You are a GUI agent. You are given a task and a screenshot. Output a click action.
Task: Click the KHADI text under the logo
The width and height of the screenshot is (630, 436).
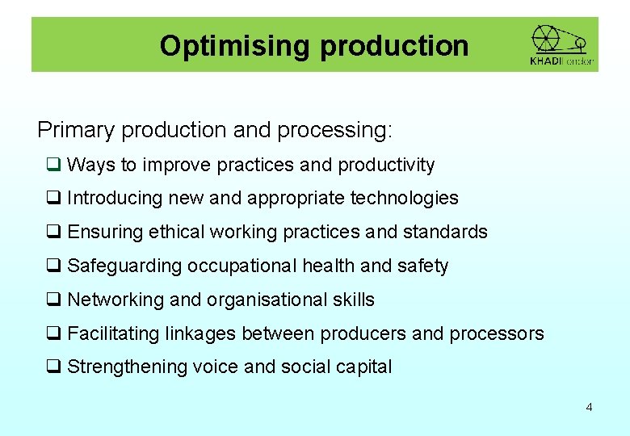click(x=546, y=61)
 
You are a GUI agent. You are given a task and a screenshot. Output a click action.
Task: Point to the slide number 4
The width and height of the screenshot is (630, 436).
click(x=589, y=407)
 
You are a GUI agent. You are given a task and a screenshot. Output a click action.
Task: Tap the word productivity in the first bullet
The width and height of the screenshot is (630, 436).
click(x=386, y=166)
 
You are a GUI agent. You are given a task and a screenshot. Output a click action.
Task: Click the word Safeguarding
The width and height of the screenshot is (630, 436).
click(x=125, y=266)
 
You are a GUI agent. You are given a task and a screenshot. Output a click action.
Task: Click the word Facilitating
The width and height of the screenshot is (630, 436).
click(x=113, y=333)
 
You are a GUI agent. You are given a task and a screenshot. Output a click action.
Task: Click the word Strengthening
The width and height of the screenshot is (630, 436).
click(x=128, y=367)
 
